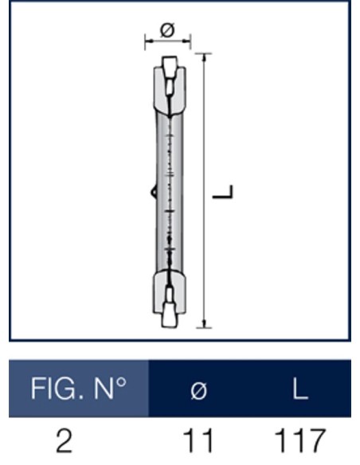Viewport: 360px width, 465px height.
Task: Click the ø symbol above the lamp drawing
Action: coord(167,29)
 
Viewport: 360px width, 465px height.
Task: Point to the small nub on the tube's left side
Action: coord(152,191)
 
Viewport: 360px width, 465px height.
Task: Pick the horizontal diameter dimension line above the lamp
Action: coord(167,39)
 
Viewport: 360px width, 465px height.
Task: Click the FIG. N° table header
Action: coord(79,389)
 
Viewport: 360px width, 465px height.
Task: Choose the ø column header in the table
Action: coord(201,390)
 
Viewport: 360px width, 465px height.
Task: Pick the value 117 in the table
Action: coord(300,440)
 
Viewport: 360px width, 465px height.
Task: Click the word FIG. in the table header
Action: coord(54,389)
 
